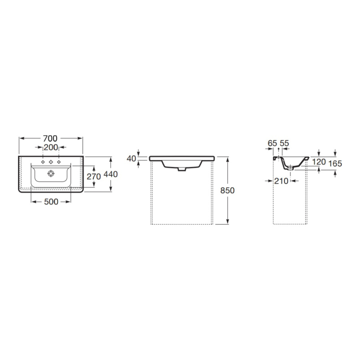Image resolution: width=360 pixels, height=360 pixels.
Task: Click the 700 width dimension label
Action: click(50, 138)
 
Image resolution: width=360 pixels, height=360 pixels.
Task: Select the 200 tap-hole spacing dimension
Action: click(51, 147)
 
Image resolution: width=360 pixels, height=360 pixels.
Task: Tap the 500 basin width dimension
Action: click(51, 202)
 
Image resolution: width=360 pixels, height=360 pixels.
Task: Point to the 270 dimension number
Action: click(94, 176)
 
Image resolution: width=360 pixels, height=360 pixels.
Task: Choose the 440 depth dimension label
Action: click(110, 174)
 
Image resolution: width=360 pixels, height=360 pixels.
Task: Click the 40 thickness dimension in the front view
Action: click(131, 158)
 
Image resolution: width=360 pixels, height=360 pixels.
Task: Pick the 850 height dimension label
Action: click(227, 190)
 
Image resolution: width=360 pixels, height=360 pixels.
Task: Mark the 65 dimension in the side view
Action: click(272, 143)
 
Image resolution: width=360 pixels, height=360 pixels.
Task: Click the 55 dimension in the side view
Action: click(284, 143)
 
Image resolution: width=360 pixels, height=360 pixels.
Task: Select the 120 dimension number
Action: click(319, 162)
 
